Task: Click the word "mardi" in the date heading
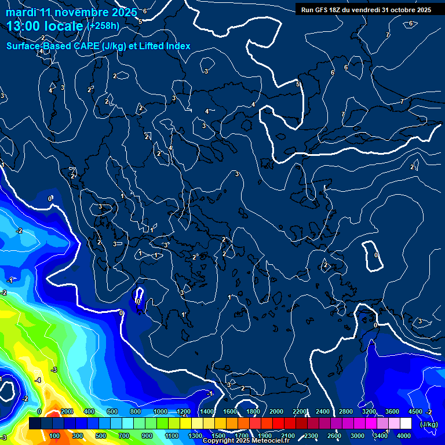point(20,12)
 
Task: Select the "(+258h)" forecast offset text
point(103,26)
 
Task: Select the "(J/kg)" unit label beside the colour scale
point(429,425)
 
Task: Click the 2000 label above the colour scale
point(276,411)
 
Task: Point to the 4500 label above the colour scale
point(416,411)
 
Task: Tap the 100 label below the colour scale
point(55,436)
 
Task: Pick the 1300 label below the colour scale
point(195,436)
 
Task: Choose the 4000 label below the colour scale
point(404,436)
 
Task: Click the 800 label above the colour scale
point(136,411)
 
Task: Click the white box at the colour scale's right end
point(406,424)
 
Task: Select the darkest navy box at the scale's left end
point(35,424)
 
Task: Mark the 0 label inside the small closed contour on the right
point(376,255)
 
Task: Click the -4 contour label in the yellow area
point(38,380)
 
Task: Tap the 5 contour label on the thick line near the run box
point(298,85)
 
